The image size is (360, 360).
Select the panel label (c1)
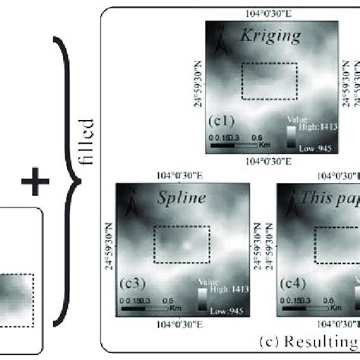(x=224, y=120)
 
